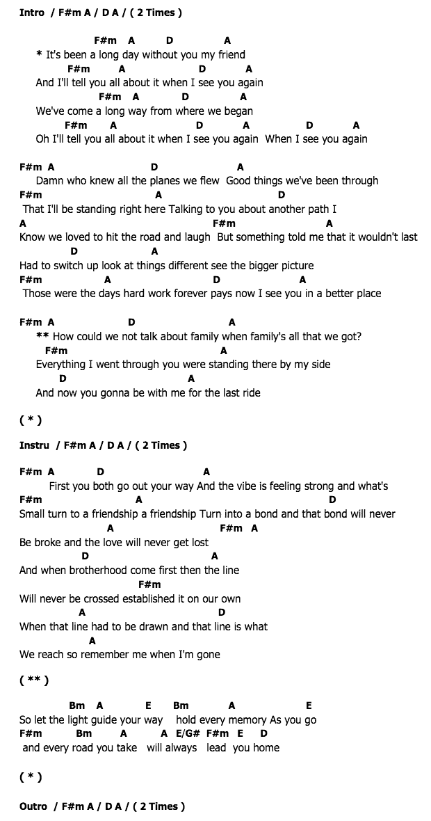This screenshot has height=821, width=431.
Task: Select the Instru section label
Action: [34, 445]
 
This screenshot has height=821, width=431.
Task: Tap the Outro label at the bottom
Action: [33, 806]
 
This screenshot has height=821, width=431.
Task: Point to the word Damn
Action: [49, 181]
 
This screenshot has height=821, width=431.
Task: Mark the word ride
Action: [248, 392]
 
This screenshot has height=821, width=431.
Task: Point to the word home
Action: [266, 748]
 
